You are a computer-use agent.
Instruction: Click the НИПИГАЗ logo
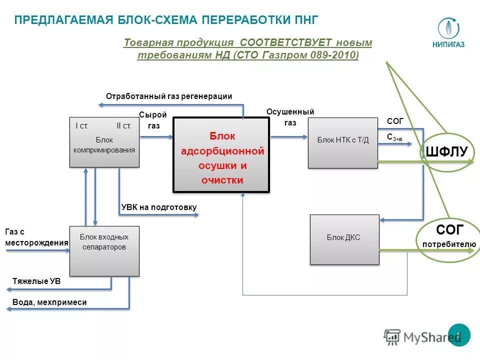[x=448, y=33]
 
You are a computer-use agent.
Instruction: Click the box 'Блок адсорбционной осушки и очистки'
[x=221, y=155]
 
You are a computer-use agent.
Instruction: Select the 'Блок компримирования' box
[x=104, y=142]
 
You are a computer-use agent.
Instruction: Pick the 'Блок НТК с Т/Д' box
[x=343, y=143]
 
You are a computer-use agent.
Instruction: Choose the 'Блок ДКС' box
[x=344, y=239]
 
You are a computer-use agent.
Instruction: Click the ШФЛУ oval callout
[x=446, y=152]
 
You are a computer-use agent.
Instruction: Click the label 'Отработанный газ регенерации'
[x=169, y=96]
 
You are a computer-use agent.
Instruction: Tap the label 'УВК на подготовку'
[x=159, y=207]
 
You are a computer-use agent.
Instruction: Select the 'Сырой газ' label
[x=153, y=120]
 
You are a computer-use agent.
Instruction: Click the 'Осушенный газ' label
[x=290, y=117]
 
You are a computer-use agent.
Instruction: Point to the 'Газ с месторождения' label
[x=36, y=237]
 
